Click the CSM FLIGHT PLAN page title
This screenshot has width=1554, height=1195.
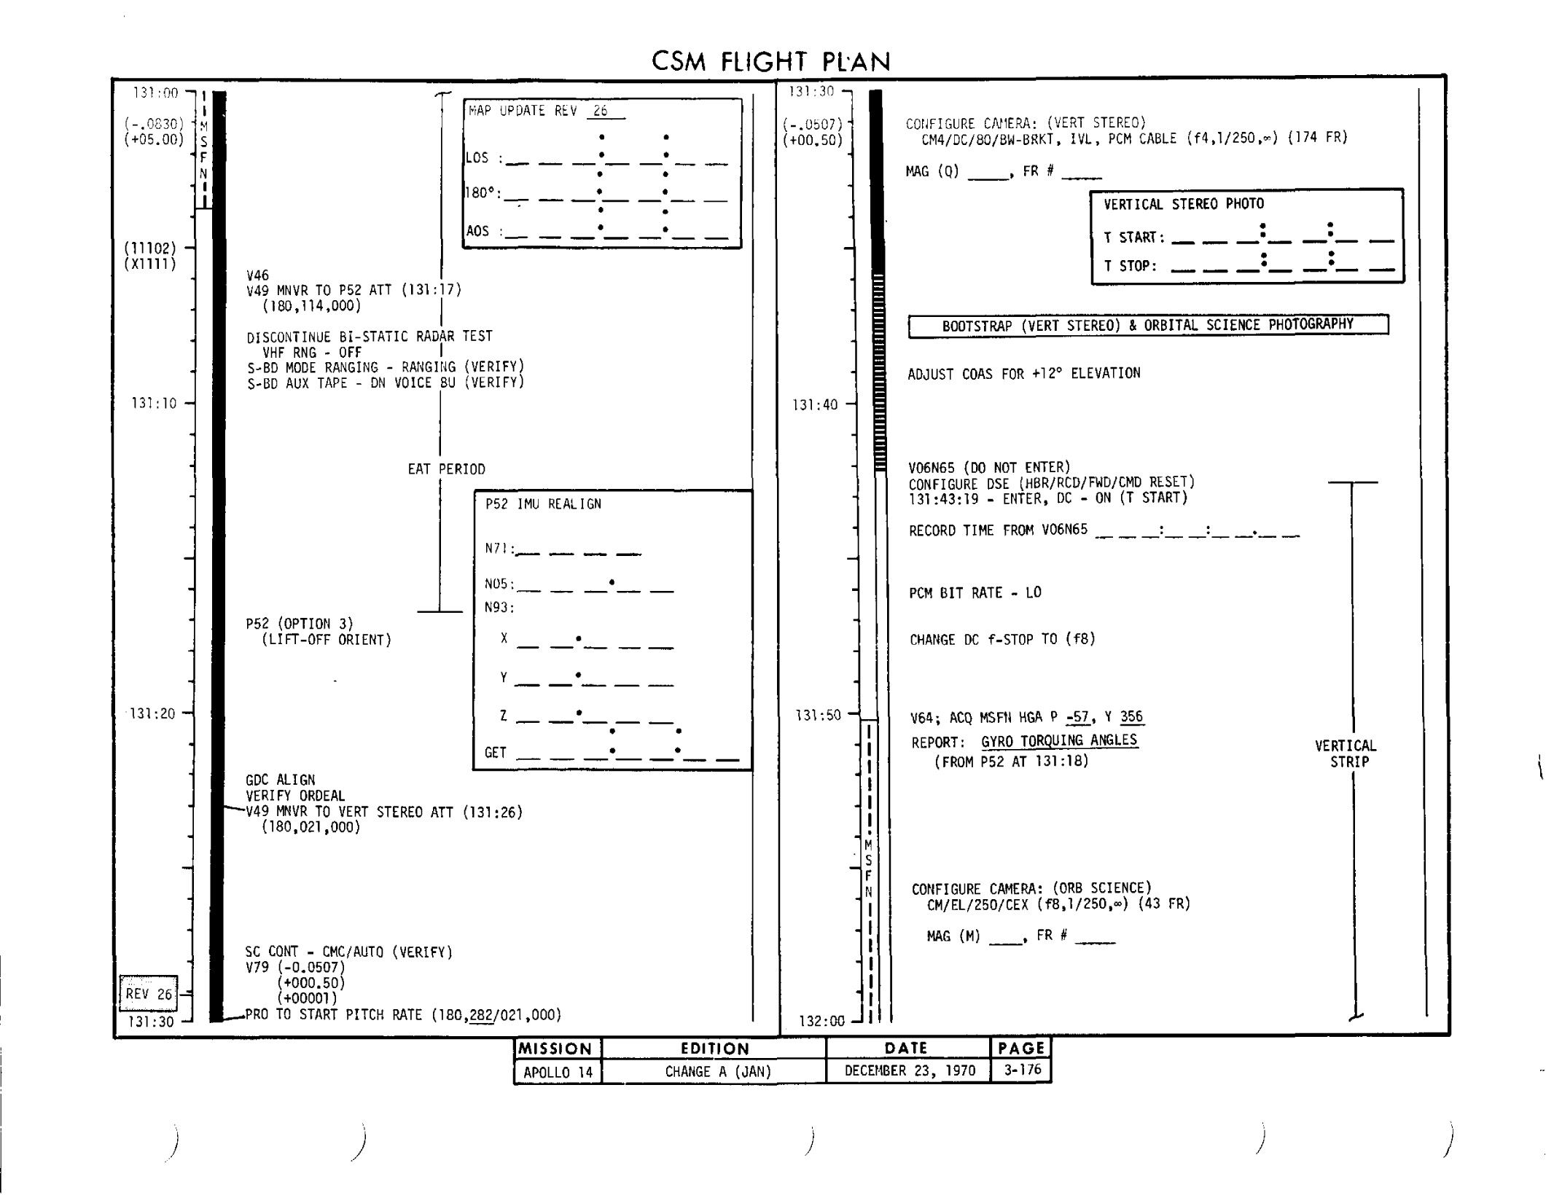pos(770,62)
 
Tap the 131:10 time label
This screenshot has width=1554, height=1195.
pos(154,404)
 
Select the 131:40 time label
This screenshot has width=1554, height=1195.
pos(815,405)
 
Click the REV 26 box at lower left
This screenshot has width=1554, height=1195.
pos(149,993)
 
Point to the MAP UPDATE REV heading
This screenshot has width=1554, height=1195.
pos(523,111)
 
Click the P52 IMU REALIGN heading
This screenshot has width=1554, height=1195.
pos(544,504)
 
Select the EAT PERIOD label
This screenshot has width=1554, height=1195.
pos(446,469)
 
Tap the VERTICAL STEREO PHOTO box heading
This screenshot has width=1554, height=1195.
pos(1184,204)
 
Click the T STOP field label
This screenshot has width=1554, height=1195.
pos(1131,266)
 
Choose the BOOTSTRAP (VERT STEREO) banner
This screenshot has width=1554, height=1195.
pos(1148,325)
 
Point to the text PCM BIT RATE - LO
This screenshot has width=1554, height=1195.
pos(975,593)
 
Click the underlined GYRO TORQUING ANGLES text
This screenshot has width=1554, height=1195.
pos(1059,740)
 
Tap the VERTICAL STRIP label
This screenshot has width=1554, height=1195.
pos(1346,753)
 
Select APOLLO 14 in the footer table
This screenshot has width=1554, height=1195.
pos(558,1072)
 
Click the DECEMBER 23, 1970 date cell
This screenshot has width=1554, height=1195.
pos(910,1071)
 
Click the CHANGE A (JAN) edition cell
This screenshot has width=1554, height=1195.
pos(718,1072)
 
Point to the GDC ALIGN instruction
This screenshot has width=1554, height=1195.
pos(281,780)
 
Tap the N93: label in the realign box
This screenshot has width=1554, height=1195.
pos(500,608)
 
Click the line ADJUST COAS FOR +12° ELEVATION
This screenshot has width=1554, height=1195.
pos(1024,374)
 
